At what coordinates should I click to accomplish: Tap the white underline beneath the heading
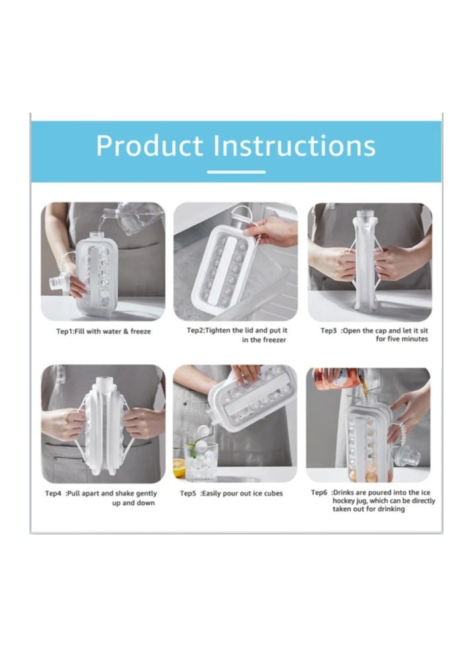point(236,172)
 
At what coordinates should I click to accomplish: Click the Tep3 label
point(330,330)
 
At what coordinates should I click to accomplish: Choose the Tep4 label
point(54,493)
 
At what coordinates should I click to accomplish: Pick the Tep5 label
point(190,493)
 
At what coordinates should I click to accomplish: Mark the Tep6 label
point(321,492)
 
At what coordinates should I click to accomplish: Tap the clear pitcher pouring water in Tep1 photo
point(140,218)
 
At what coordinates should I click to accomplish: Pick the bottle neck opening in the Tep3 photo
point(366,216)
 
